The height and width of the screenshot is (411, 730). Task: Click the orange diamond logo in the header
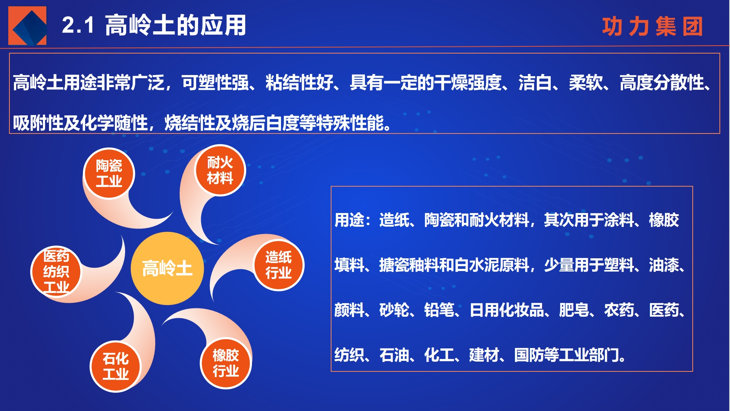pyautogui.click(x=27, y=26)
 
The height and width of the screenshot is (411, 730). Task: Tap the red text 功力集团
pyautogui.click(x=652, y=26)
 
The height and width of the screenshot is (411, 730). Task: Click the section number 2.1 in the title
pyautogui.click(x=78, y=25)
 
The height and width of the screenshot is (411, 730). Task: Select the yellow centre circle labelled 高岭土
pyautogui.click(x=167, y=268)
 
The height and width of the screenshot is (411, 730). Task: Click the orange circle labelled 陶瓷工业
pyautogui.click(x=109, y=173)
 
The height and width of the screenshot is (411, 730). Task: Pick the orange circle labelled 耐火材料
pyautogui.click(x=220, y=170)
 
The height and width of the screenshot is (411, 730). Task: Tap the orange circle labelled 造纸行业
pyautogui.click(x=278, y=265)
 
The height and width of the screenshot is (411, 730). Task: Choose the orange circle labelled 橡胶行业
pyautogui.click(x=226, y=363)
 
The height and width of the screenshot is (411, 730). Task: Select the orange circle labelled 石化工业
pyautogui.click(x=116, y=367)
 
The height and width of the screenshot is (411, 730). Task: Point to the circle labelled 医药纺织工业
pyautogui.click(x=56, y=271)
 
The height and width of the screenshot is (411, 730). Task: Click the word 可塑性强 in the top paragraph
pyautogui.click(x=215, y=83)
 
